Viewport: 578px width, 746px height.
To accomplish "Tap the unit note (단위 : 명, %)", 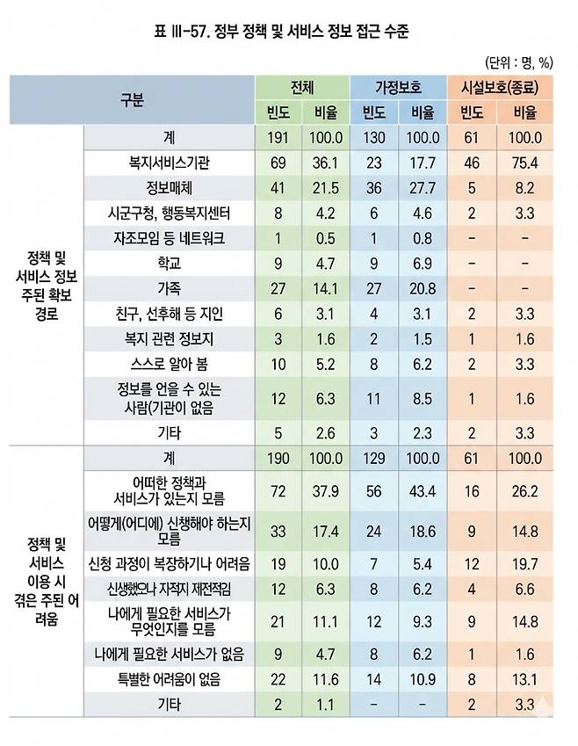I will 517,62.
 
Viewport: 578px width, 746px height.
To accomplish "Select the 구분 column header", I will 132,99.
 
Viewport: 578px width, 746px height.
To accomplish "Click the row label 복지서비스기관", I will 169,163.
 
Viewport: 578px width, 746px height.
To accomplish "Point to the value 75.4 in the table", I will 525,163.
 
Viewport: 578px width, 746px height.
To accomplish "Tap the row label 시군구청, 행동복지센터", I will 169,213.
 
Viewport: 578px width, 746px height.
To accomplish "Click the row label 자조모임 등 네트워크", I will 169,238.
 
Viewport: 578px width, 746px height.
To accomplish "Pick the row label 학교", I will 169,264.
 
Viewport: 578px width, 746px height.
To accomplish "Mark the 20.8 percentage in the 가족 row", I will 423,289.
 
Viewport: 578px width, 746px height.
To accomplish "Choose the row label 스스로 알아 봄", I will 169,365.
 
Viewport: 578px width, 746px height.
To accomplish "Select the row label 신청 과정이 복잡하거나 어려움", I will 169,561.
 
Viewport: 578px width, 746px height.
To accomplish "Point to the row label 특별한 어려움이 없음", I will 169,679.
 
